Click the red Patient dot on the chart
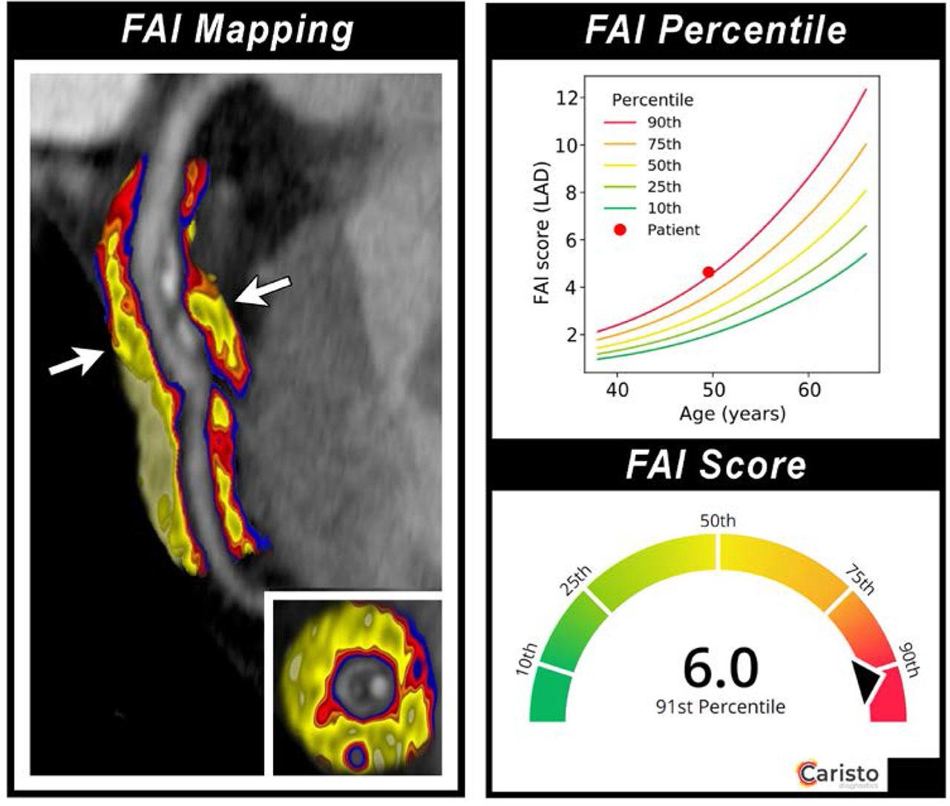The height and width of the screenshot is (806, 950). pyautogui.click(x=708, y=272)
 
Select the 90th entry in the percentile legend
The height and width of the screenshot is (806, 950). pyautogui.click(x=664, y=122)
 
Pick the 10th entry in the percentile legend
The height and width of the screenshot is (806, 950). pyautogui.click(x=664, y=209)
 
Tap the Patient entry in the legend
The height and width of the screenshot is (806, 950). pyautogui.click(x=672, y=230)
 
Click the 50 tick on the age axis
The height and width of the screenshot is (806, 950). pyautogui.click(x=713, y=389)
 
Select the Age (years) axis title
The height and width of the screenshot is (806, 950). pyautogui.click(x=732, y=413)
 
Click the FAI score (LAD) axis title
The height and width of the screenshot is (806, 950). pyautogui.click(x=541, y=236)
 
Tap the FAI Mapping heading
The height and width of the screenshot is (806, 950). pyautogui.click(x=237, y=31)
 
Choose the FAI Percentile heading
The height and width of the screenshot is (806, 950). pyautogui.click(x=715, y=31)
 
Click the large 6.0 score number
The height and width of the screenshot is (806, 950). pyautogui.click(x=720, y=668)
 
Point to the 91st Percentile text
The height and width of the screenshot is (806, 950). pyautogui.click(x=720, y=707)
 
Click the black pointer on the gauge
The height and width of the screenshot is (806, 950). pyautogui.click(x=866, y=681)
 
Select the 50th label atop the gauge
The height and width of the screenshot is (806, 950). pyautogui.click(x=718, y=520)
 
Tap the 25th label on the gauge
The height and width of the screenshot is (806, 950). pyautogui.click(x=574, y=581)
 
